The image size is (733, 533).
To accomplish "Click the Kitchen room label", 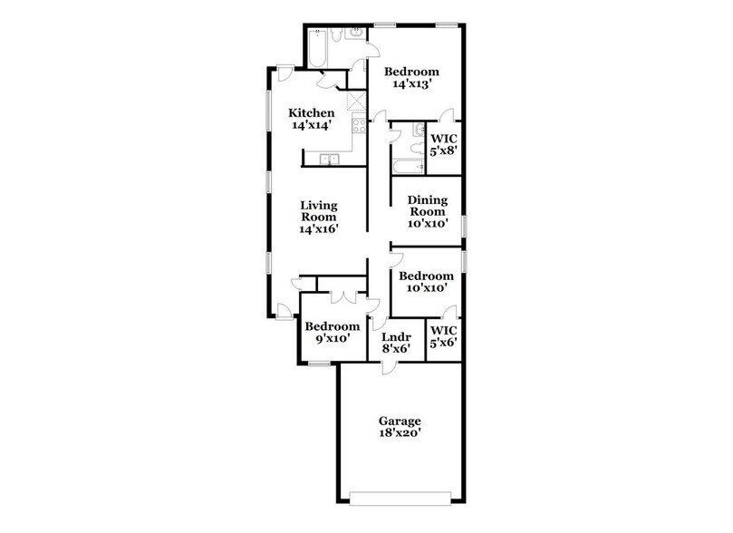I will click(305, 112).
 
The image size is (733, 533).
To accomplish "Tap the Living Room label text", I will click(319, 217).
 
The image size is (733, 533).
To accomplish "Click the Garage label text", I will click(400, 421).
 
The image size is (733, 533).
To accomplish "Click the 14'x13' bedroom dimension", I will click(410, 84).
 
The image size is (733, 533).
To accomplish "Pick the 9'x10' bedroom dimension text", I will click(332, 339).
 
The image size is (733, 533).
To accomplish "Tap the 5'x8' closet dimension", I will click(442, 150).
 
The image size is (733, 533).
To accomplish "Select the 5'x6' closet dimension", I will click(442, 343).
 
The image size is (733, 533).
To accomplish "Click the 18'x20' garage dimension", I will click(400, 433).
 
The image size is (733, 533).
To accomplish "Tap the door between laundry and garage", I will click(387, 364).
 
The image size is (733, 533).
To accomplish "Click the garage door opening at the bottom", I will click(400, 495).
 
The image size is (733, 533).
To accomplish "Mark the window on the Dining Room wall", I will click(464, 224).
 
